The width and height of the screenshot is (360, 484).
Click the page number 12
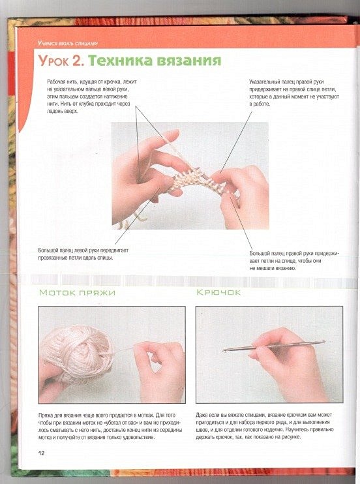(41, 453)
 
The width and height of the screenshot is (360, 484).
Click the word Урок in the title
(53, 61)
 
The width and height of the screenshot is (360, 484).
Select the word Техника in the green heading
(120, 60)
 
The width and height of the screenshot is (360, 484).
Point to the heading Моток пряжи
(77, 292)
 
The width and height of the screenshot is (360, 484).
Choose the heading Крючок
(218, 292)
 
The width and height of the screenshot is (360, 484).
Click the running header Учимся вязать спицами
(68, 43)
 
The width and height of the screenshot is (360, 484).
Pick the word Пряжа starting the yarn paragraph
(46, 416)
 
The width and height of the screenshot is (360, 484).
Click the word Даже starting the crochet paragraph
(202, 415)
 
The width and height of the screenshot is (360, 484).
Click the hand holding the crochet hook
(287, 364)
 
